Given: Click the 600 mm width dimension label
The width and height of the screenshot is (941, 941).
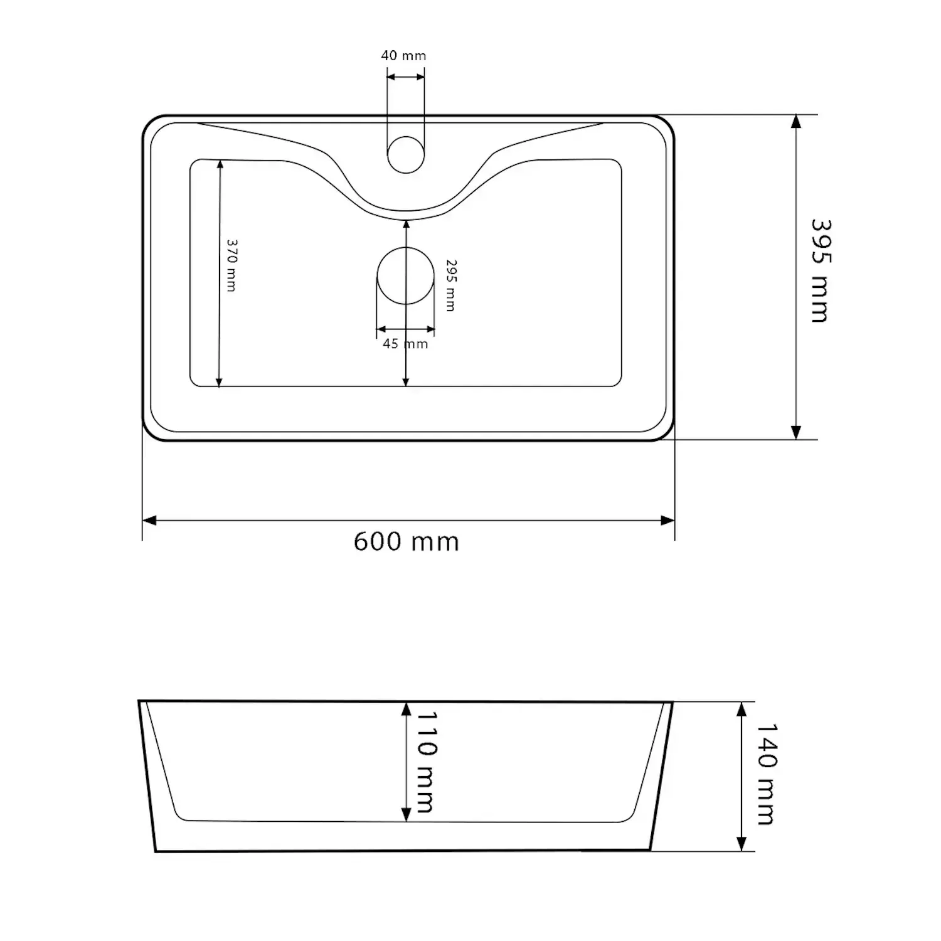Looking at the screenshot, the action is [x=407, y=541].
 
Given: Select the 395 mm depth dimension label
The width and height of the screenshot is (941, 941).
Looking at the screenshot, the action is [x=820, y=271].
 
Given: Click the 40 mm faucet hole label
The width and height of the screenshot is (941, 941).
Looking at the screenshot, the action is [x=403, y=56].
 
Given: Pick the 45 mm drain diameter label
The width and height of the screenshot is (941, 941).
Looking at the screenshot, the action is [x=405, y=344].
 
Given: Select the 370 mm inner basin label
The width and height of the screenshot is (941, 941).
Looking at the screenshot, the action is [x=231, y=265].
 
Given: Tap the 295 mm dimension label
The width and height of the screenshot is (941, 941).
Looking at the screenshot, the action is [x=450, y=285].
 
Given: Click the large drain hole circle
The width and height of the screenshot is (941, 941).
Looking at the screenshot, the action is [x=406, y=276].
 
